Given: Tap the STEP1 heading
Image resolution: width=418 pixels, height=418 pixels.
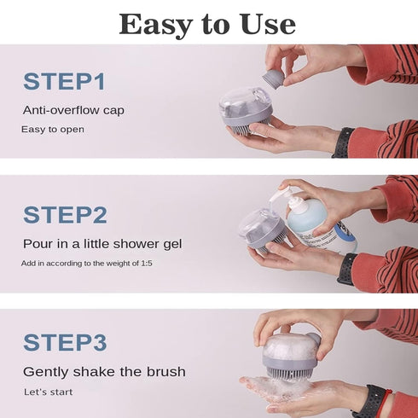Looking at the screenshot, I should pos(64,82).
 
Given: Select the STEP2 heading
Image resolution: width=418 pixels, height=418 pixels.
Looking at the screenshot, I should pos(64,215).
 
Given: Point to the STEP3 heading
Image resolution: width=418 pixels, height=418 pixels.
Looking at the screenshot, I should pos(64,342).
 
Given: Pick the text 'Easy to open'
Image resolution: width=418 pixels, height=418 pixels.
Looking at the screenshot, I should pos(53,130).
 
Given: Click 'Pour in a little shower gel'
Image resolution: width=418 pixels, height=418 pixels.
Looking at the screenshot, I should pos(102,244).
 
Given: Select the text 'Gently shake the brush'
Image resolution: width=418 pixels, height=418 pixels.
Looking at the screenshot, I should pos(104,372).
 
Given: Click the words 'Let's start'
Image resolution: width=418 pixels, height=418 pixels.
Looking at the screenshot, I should pos(48,392).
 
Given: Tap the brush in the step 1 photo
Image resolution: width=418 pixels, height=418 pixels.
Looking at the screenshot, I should pos(246,108).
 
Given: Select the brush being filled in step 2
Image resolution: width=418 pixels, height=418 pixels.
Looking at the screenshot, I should pos(259,229).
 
